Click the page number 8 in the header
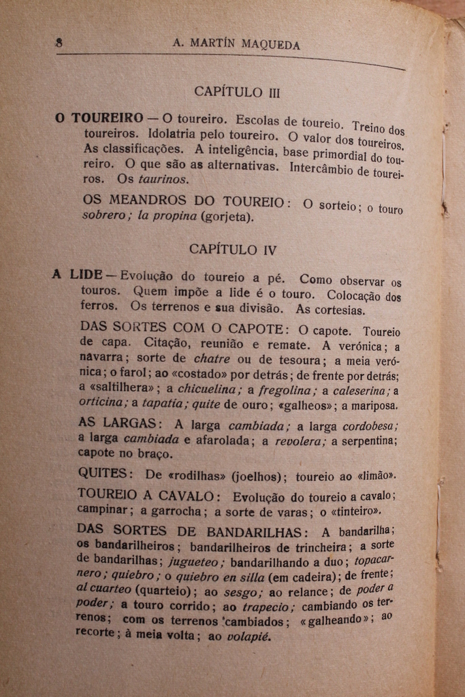(59, 42)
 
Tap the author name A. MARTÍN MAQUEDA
(236, 45)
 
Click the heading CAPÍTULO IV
(233, 249)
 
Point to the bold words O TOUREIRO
(99, 118)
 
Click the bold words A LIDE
(76, 275)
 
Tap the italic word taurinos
(163, 180)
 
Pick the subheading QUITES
(103, 473)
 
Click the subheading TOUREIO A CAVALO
(146, 496)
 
